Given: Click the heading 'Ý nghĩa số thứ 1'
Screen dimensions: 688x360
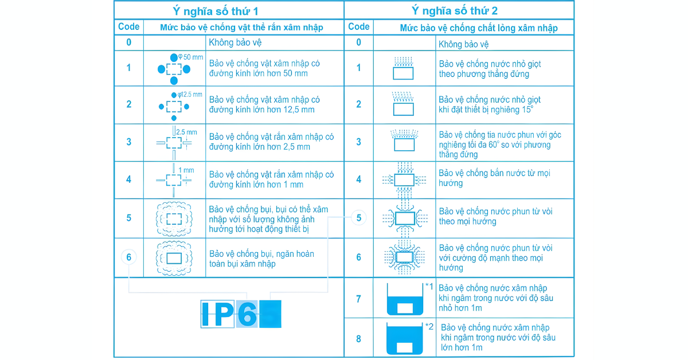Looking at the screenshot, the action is point(215,11).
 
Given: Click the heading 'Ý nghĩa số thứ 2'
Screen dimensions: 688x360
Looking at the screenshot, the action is point(454,11).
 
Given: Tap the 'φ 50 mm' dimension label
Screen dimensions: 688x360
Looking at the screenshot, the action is point(191,57).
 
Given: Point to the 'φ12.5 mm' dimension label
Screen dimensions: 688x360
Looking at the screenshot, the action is point(190,95).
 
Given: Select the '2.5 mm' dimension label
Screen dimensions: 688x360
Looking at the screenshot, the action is point(186,132).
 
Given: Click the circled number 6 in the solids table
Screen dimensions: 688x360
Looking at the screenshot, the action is point(128,257).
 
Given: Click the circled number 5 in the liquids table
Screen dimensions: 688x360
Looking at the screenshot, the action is point(358,218).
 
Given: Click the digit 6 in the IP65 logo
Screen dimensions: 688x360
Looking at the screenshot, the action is point(247,314).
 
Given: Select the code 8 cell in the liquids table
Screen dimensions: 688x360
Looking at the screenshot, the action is point(358,339).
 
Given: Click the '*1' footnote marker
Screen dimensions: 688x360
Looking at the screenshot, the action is point(429,287).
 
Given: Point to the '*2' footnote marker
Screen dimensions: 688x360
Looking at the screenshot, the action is point(429,327).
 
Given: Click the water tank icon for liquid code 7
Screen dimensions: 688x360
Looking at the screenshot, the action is point(405,299).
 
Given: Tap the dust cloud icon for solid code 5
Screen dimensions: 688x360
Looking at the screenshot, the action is point(174,219).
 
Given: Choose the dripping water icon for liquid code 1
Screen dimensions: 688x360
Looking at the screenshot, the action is point(403,68).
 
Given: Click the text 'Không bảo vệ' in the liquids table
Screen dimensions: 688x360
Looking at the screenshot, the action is point(463,44).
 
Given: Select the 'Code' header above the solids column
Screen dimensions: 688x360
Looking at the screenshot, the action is point(128,27).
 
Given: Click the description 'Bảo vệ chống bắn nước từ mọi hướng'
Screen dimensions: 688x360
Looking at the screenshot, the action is point(494,178).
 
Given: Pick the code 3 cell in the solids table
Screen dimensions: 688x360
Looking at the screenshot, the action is point(128,142).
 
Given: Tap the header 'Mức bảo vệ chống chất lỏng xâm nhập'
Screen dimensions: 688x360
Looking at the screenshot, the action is point(479,28).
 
